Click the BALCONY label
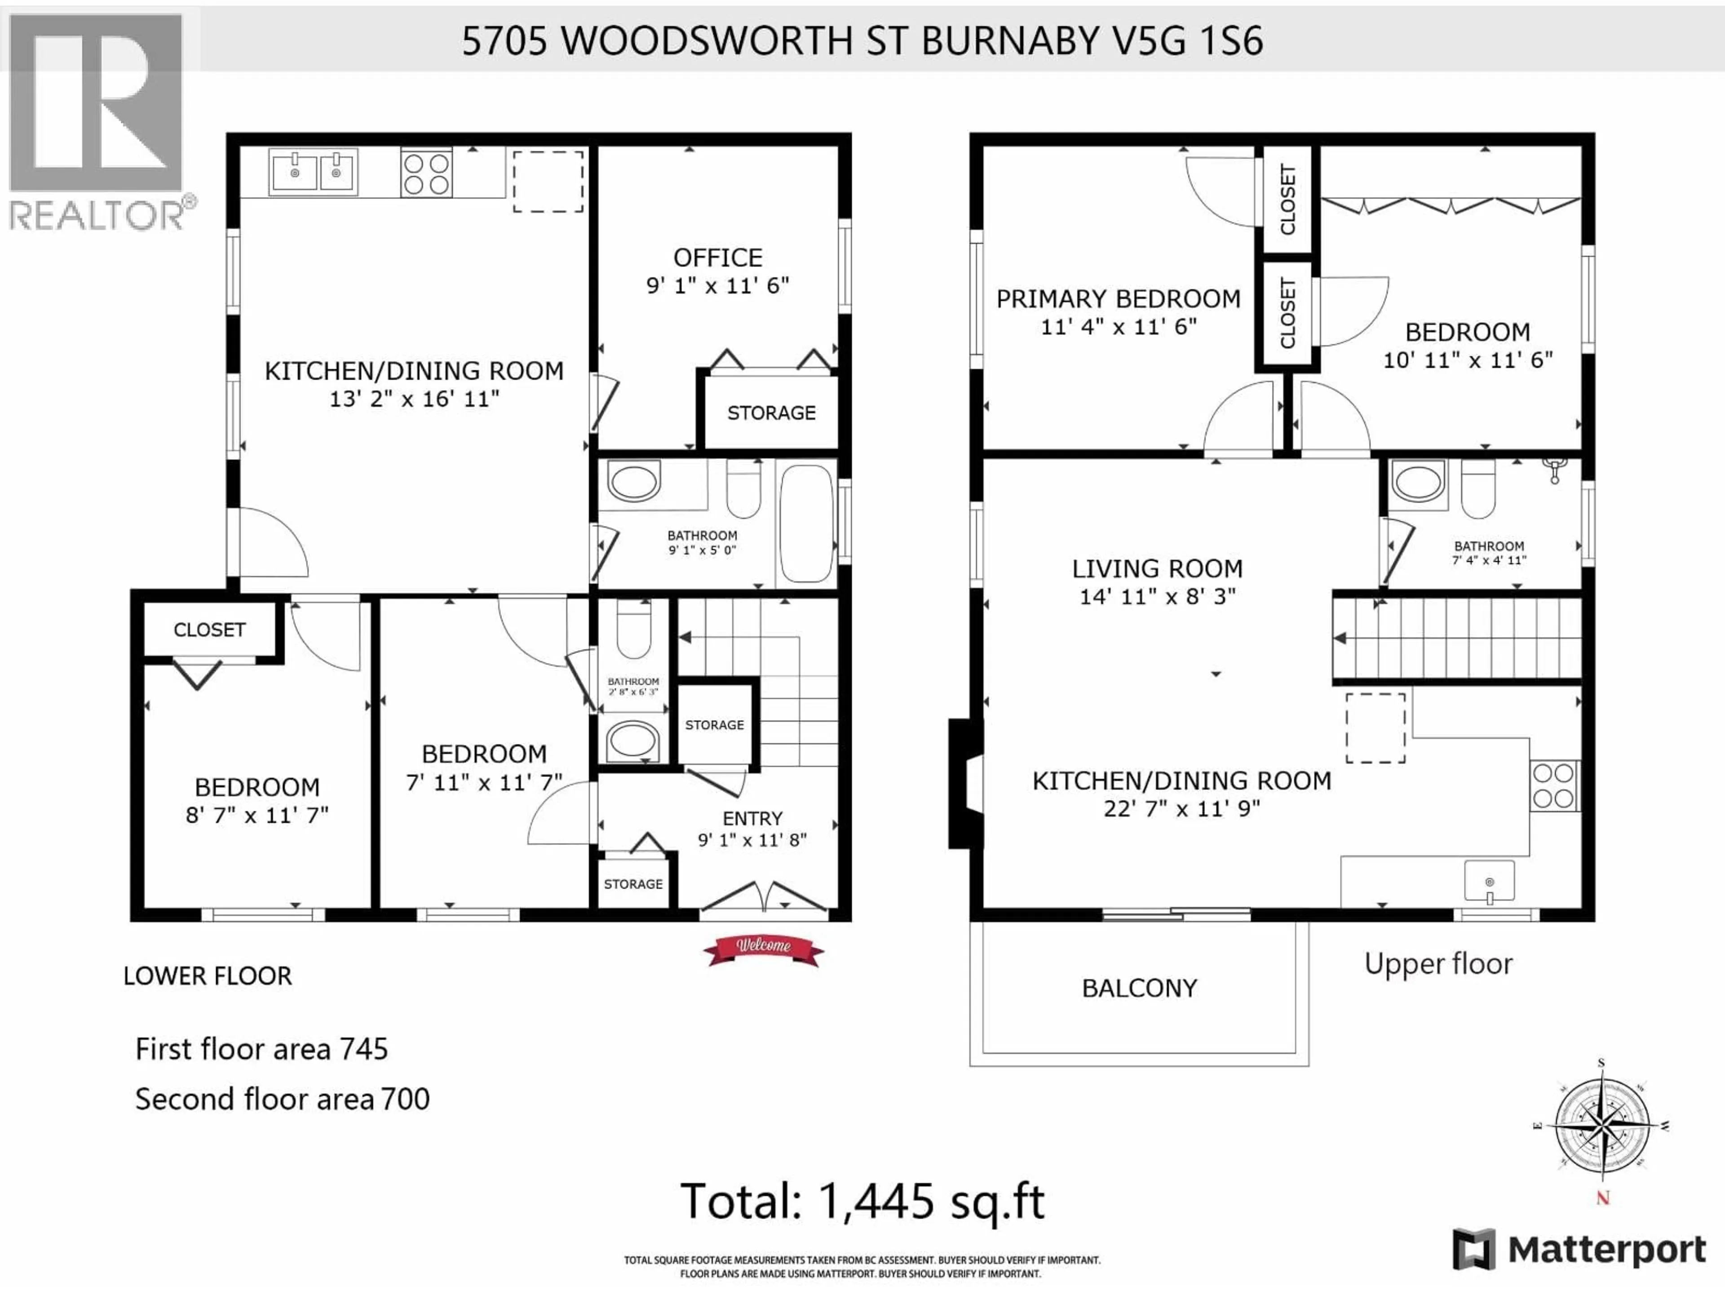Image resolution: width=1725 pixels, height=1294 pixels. coord(1139,988)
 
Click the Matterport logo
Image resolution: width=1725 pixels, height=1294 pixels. coord(1579,1250)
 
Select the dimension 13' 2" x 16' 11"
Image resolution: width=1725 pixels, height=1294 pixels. coord(414,399)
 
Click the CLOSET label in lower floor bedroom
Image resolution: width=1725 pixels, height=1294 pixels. coord(209,629)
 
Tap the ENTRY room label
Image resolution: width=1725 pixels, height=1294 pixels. coord(752,818)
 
